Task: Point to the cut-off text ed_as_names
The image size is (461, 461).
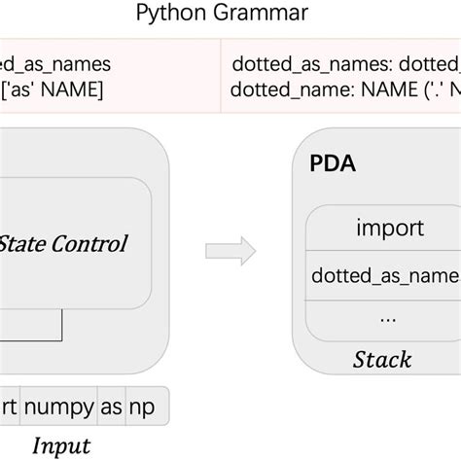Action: [55, 64]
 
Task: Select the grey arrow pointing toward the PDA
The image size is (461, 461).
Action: [225, 251]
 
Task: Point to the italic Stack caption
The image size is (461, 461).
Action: [380, 359]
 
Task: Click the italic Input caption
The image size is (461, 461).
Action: [61, 445]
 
